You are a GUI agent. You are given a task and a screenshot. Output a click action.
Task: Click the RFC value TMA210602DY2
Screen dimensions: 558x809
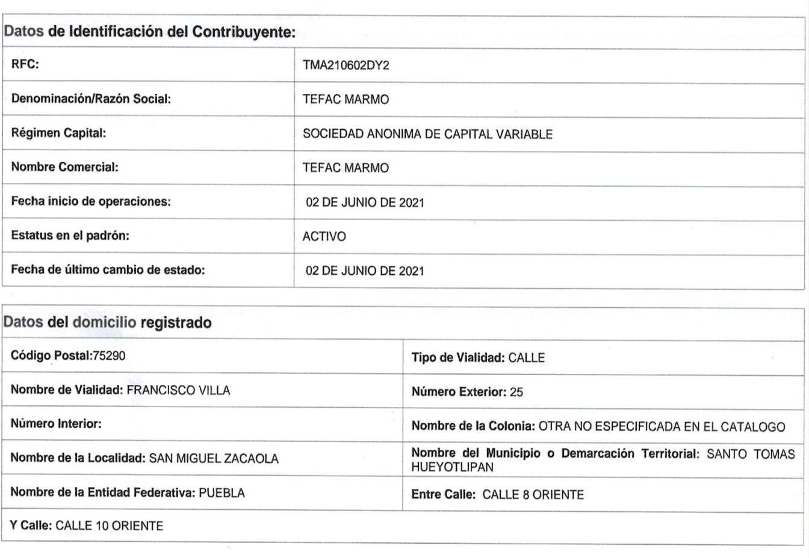346,66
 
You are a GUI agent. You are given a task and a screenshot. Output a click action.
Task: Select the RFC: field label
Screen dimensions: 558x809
25,64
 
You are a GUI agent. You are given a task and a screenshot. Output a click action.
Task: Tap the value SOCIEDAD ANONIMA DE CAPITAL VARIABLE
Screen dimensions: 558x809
427,134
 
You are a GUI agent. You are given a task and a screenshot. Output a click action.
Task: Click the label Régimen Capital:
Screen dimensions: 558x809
58,133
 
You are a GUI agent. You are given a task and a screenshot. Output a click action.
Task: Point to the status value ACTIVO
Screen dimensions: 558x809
324,237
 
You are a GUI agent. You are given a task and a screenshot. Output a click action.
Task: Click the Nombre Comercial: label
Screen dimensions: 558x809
64,167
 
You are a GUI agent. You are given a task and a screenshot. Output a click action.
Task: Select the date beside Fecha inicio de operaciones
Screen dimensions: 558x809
365,203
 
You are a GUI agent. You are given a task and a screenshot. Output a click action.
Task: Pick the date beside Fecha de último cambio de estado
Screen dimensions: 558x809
365,271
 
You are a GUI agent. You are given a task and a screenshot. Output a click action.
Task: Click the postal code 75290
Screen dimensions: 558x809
109,356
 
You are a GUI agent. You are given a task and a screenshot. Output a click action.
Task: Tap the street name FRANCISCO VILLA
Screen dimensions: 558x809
178,390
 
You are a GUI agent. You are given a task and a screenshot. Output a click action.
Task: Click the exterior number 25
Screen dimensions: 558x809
516,393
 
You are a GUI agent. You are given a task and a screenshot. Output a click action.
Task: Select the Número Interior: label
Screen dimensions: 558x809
56,424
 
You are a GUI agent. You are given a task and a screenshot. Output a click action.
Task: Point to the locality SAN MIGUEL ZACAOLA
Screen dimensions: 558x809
214,459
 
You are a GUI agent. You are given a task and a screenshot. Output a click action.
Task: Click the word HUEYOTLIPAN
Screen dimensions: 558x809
452,467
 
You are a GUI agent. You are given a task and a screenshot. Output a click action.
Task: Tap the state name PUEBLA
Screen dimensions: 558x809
222,493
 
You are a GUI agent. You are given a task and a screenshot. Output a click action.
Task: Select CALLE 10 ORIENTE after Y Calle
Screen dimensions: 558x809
109,526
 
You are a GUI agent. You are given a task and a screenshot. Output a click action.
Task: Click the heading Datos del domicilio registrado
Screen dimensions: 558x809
108,323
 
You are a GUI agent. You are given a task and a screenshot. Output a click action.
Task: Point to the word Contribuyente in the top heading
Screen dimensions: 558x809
244,32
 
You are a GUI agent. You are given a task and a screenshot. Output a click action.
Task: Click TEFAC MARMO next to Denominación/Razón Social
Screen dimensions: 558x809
346,100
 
